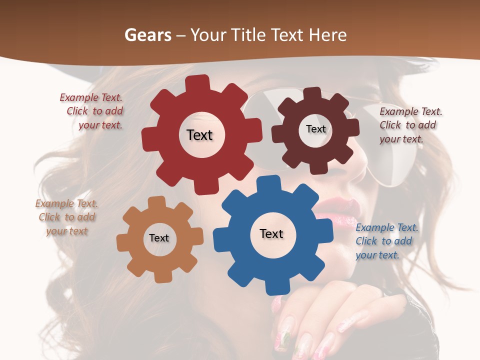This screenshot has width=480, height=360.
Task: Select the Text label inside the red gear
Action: tap(199, 135)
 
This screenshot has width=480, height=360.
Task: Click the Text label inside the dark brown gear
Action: tap(315, 129)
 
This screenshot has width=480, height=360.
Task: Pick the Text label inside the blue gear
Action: tap(271, 233)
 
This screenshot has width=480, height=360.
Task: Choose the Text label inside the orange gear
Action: tap(159, 238)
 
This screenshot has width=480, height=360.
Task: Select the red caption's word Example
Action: tap(79, 98)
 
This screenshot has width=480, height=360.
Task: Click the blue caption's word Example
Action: tap(375, 228)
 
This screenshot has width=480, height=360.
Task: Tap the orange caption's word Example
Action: tap(54, 204)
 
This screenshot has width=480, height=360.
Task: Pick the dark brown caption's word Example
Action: tap(399, 112)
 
